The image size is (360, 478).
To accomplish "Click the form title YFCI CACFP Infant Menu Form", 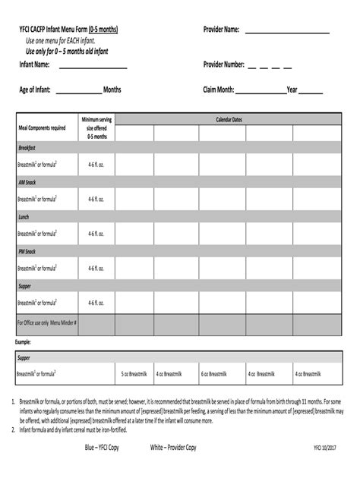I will tap(68, 30).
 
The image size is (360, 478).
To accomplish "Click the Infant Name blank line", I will tap(93, 69).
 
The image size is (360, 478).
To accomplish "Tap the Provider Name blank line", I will tap(288, 33).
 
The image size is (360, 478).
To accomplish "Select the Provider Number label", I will tap(223, 65).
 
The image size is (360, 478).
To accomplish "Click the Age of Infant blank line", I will tap(78, 93).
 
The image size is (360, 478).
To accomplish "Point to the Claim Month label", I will tap(218, 90).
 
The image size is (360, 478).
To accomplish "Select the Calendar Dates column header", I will tap(229, 120).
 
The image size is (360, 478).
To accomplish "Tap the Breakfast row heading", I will tap(27, 147).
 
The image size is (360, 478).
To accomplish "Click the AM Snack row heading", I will tap(27, 183).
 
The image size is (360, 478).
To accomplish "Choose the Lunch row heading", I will tap(24, 217).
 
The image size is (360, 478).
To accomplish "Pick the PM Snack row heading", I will tap(27, 251).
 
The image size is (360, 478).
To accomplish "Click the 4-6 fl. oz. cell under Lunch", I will tap(95, 234).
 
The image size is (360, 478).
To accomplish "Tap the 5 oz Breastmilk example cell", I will tap(134, 374).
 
